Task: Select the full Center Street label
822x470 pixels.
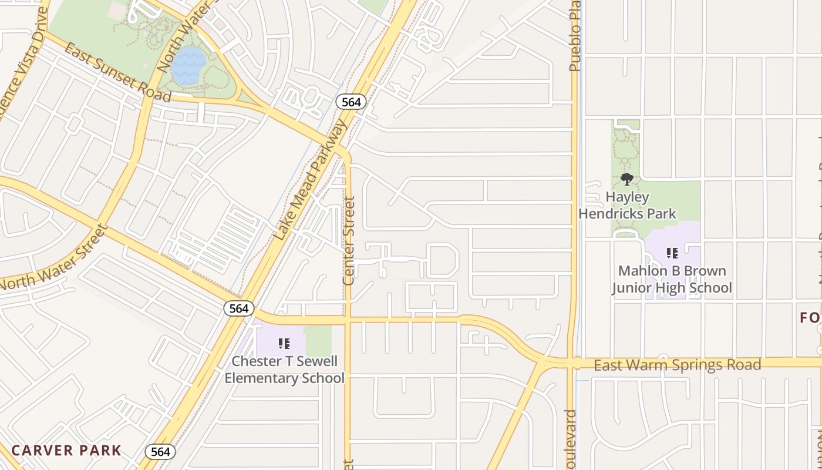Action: (349, 241)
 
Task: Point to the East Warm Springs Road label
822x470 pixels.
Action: (677, 365)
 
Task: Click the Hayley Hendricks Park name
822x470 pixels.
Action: (627, 205)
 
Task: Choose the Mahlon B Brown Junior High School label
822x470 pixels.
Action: (672, 279)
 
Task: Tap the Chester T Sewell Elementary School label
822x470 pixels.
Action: (284, 369)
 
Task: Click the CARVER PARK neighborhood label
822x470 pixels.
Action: (66, 451)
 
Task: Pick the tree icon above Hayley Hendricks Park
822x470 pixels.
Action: (627, 179)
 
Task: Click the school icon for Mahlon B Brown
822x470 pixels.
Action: (672, 253)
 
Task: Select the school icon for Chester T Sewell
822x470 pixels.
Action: (284, 343)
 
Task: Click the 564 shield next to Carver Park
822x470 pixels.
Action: (160, 451)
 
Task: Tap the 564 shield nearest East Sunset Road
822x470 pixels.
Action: (351, 102)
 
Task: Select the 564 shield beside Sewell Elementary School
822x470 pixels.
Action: (239, 308)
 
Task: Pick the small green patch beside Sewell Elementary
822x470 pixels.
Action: (318, 340)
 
